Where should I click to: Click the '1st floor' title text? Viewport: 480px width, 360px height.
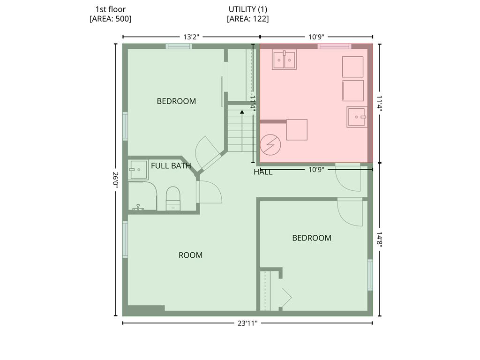tap(110, 9)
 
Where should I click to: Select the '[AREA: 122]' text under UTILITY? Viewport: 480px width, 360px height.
tap(247, 19)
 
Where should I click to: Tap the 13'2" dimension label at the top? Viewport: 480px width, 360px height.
tap(191, 37)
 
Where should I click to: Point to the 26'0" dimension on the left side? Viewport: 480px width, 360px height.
tap(115, 180)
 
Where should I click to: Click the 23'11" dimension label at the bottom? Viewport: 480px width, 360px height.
tap(247, 323)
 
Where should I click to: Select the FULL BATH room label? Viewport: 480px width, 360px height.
tap(171, 165)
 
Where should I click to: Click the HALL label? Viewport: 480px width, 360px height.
tap(263, 172)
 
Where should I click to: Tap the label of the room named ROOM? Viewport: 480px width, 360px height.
tap(190, 255)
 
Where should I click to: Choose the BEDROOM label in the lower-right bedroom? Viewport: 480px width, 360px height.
tap(312, 238)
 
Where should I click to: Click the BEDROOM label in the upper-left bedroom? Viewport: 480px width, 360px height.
tap(176, 101)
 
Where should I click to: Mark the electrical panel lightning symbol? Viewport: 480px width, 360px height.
tap(270, 145)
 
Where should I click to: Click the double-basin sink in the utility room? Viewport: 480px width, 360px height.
tap(285, 60)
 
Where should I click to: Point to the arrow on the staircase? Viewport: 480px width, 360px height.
tap(242, 112)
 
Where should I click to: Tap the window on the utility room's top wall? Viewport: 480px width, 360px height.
tap(334, 46)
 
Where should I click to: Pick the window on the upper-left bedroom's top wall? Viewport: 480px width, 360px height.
tap(179, 46)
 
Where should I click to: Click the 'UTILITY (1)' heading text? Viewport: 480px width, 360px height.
tap(247, 9)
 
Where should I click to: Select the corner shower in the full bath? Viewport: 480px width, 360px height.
tap(138, 170)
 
